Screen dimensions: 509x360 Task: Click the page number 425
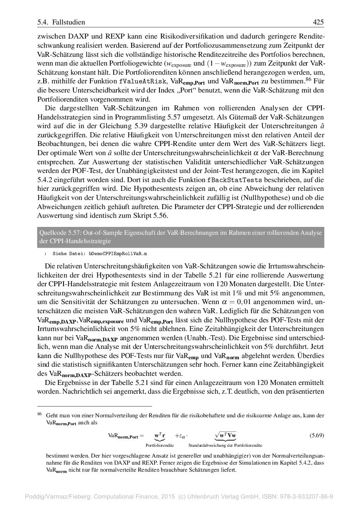(318, 22)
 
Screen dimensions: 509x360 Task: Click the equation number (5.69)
(317, 435)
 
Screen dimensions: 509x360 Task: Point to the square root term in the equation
(225, 435)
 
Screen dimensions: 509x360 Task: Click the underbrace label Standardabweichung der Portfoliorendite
(225, 445)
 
